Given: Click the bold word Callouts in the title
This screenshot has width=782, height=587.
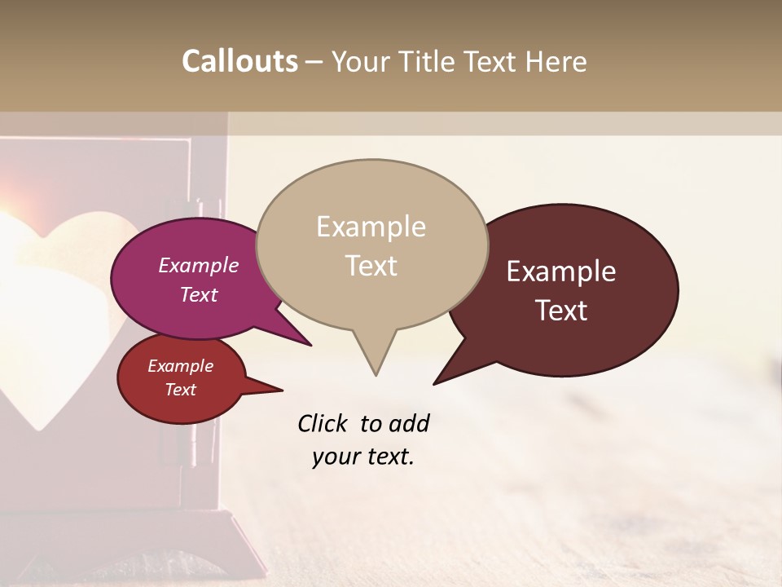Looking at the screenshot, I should coord(239,61).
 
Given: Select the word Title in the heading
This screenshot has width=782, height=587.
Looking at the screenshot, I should coord(432,61).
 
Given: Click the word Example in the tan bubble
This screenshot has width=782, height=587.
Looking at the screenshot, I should coord(371,227).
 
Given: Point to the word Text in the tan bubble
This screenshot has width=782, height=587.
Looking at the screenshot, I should coord(371,266).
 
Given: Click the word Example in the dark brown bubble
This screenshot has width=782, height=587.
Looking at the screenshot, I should coord(561,271).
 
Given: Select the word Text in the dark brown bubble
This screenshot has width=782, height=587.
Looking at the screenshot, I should coord(562,311).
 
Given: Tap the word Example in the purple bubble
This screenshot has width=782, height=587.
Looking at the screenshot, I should coord(199,265).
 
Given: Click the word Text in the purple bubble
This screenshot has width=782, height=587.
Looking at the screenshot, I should coord(199,294).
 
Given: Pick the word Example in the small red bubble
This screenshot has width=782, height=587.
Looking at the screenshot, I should coord(181,366).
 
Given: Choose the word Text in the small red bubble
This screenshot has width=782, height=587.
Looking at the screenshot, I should coord(181,390).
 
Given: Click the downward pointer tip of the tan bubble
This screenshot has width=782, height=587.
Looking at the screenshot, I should coord(376,374).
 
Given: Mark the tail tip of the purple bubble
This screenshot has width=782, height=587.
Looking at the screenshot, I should coord(310,344).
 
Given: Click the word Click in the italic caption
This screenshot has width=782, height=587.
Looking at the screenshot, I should coord(323,424).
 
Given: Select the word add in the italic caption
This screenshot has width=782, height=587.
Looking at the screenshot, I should coord(409,424).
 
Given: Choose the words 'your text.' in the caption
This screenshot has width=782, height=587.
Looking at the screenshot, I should coord(363,457).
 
